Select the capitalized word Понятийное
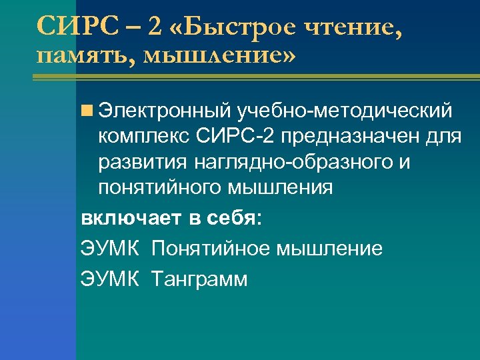pos(209,249)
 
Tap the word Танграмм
pos(199,279)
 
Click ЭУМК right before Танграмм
pos(110,279)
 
